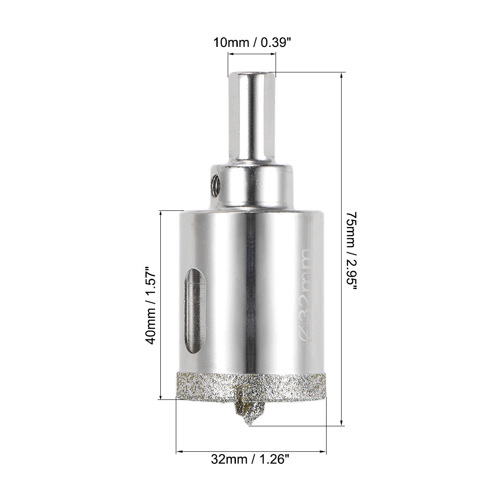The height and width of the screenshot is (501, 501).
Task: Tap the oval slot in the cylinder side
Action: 194,311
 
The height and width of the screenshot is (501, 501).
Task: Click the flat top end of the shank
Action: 252,73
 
